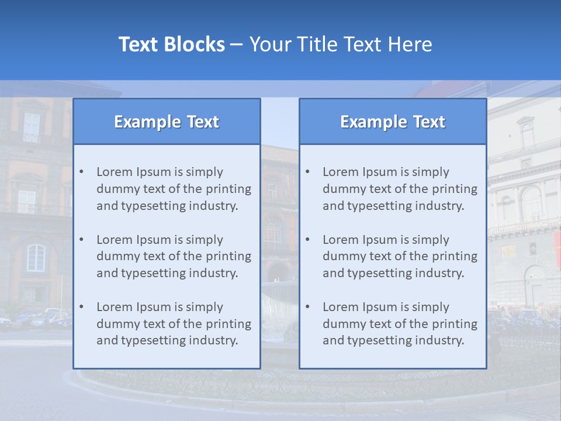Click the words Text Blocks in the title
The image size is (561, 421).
click(171, 44)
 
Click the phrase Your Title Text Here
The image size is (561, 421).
click(341, 44)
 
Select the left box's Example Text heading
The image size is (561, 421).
click(167, 122)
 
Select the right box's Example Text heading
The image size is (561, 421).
click(393, 122)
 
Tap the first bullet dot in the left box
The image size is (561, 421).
click(81, 172)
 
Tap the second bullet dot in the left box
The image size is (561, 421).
click(81, 240)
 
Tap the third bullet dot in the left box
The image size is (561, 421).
click(81, 307)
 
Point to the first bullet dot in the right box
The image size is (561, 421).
click(307, 172)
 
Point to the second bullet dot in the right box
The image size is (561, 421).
click(307, 240)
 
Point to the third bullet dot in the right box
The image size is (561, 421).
click(307, 307)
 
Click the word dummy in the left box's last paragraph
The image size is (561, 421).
click(116, 324)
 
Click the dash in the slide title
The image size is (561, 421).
click(237, 45)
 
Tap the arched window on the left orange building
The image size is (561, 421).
click(36, 257)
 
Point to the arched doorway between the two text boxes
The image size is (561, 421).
click(279, 271)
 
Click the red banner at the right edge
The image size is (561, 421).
click(557, 249)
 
